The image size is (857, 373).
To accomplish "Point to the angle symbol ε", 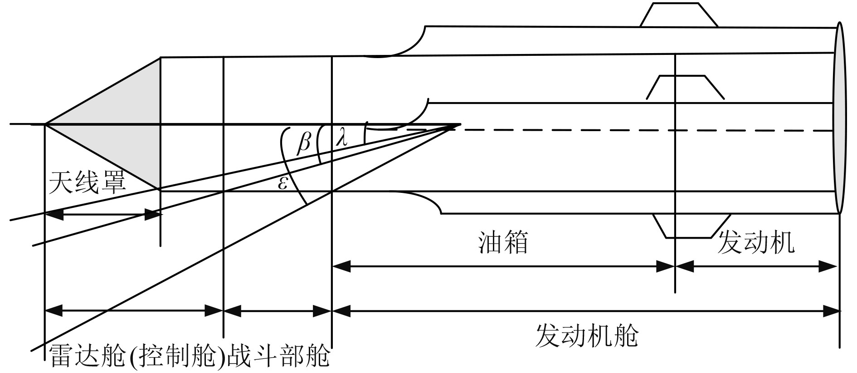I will (283, 183).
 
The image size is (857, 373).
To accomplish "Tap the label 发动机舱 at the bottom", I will (587, 336).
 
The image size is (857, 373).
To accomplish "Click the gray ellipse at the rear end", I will (840, 118).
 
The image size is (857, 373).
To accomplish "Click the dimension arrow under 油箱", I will (503, 266).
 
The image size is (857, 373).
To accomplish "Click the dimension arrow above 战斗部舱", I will (278, 311).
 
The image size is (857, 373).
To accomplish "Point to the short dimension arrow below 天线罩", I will (103, 215).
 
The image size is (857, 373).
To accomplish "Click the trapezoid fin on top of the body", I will (679, 15).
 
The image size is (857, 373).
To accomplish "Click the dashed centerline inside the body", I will (635, 130).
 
